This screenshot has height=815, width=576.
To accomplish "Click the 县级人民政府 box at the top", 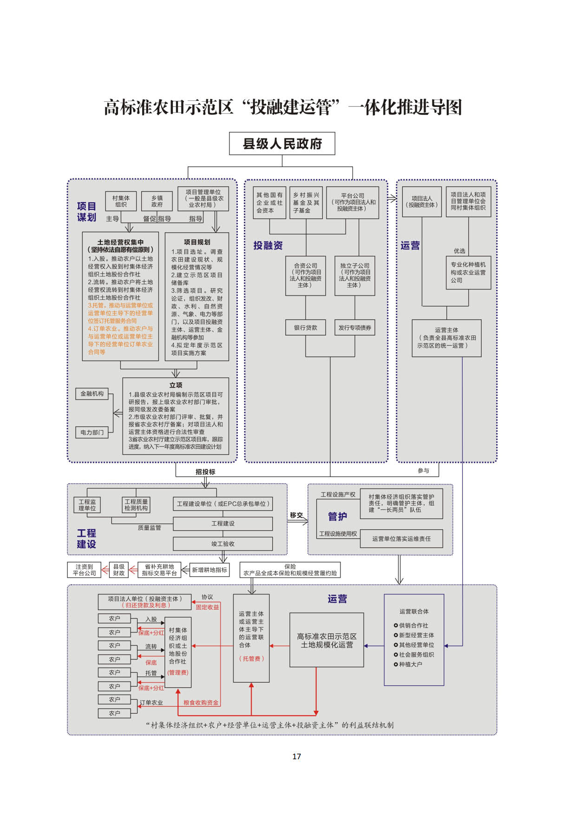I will pos(282,144).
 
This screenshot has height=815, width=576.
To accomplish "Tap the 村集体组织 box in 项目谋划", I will pos(121,201).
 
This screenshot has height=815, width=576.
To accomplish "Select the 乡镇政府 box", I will pos(157,201).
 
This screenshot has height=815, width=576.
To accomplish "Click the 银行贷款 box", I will pos(306,328).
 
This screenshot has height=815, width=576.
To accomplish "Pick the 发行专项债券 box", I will pos(355,328).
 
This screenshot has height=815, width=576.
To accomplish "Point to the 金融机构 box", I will pos(92,394).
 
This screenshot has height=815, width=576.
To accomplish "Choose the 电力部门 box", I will pos(92,432).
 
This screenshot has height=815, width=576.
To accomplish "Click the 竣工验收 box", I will pos(223,544).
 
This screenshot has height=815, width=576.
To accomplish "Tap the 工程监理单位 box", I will pos(87,505).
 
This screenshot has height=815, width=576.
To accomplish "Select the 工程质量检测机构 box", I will pos(136,505).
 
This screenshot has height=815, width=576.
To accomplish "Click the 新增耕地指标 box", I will pos(209,570).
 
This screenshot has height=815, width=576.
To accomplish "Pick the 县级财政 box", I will pos(119,570).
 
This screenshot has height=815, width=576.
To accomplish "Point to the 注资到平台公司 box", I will pos(85,570).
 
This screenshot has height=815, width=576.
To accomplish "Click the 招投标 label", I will pos(205,472).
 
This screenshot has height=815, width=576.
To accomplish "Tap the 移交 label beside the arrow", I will pos(296,515).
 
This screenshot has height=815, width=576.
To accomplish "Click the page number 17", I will pos(297,756).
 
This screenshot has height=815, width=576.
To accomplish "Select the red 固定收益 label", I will pos(207,607).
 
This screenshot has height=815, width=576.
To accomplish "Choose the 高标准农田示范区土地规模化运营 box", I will pos(327,640).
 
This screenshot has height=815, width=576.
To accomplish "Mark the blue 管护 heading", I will pos(338,516).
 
